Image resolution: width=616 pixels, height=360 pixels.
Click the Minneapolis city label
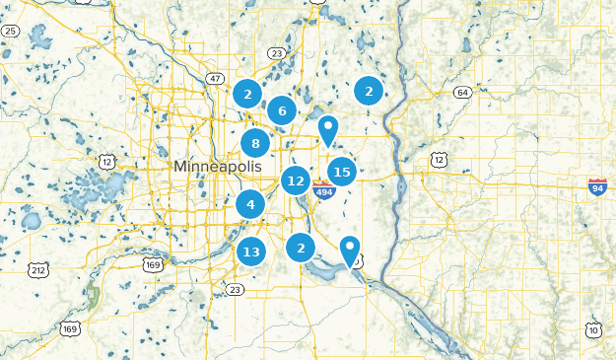click(x=218, y=167)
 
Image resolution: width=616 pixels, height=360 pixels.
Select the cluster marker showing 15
click(x=342, y=172)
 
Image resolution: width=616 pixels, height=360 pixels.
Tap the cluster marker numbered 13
click(x=251, y=252)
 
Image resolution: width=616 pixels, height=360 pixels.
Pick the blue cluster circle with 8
click(x=255, y=142)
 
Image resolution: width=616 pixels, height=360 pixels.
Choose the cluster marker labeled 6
click(x=282, y=110)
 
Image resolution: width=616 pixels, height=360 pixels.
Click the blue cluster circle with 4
click(x=250, y=205)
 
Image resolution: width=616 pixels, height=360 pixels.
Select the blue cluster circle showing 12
click(x=295, y=180)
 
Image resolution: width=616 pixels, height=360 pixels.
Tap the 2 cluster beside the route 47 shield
click(x=247, y=95)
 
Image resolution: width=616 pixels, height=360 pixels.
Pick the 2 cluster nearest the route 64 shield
click(x=369, y=91)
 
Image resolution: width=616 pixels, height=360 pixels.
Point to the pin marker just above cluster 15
click(x=328, y=129)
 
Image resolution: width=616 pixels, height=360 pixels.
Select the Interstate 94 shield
click(x=597, y=185)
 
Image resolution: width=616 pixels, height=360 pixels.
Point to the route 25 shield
click(x=10, y=32)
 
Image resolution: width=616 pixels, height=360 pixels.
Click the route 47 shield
click(x=216, y=77)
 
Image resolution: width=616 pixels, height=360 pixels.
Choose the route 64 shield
click(x=462, y=93)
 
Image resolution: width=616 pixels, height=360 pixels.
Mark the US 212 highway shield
click(x=38, y=268)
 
